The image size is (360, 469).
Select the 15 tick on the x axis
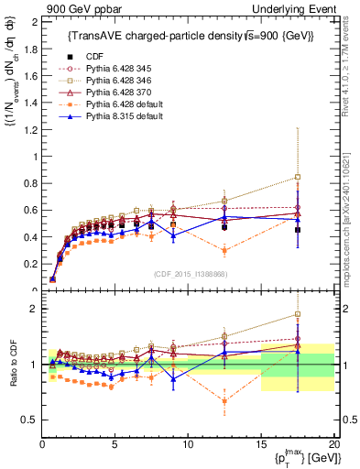coord(261,444)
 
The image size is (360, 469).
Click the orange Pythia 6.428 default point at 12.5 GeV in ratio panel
coord(225,400)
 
